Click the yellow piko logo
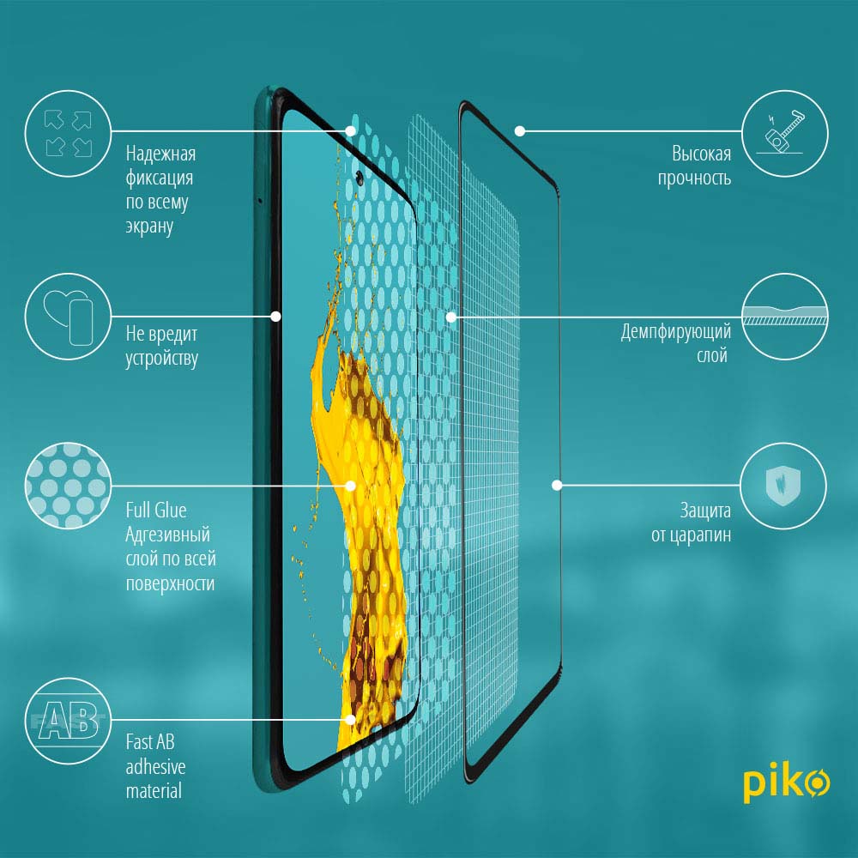tap(786, 782)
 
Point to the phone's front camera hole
tap(360, 177)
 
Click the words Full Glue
tap(156, 510)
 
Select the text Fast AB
tap(150, 742)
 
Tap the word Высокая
tap(702, 154)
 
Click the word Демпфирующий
tap(676, 332)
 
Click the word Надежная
tap(161, 154)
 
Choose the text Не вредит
tap(161, 334)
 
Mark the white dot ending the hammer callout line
tap(520, 130)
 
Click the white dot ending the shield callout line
tap(557, 485)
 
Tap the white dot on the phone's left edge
tap(275, 317)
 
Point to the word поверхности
tap(170, 583)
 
